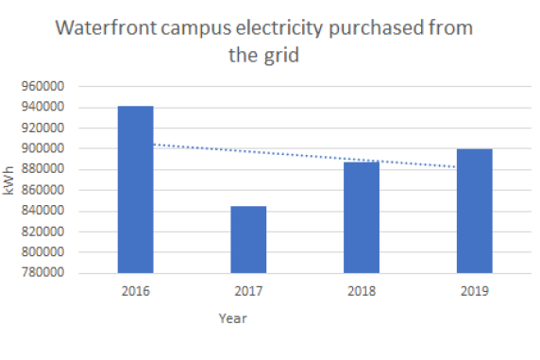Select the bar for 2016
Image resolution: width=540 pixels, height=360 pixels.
pos(135,190)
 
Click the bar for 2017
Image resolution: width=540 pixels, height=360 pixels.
pos(248,240)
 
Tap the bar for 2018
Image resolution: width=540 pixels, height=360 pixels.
pos(362,218)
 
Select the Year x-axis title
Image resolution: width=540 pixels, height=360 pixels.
pos(232,318)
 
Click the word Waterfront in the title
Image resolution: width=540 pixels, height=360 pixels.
pos(104,27)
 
